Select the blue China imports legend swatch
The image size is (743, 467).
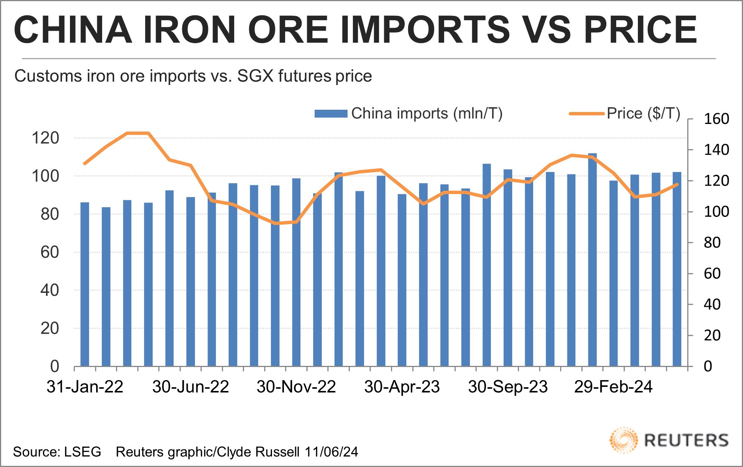[331, 113]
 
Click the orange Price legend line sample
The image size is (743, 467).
[586, 113]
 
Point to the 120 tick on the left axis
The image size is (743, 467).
[45, 138]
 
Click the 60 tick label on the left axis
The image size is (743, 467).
[49, 252]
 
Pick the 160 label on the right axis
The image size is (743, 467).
[716, 119]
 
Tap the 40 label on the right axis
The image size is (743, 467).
[712, 304]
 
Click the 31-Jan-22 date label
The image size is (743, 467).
[85, 387]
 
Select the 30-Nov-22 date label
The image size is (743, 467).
[296, 387]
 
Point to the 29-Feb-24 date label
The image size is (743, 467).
[613, 387]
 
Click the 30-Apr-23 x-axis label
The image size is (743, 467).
[402, 387]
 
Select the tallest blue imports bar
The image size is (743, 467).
[592, 262]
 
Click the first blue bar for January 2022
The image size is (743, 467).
[85, 285]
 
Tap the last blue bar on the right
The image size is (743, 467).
[677, 270]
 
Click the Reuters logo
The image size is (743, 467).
[669, 440]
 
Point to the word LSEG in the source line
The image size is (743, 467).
[82, 452]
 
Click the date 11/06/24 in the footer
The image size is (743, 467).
[331, 452]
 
